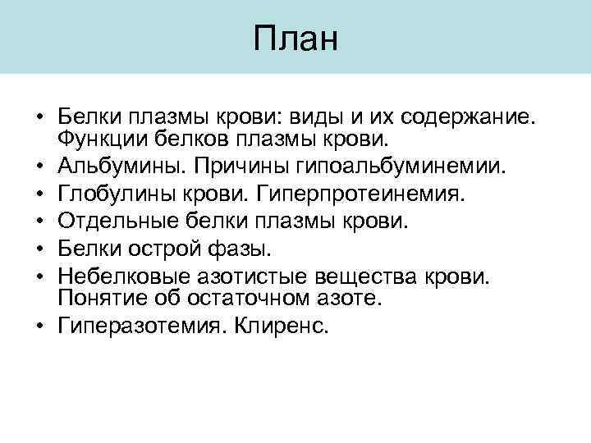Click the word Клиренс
281,327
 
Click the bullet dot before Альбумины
39,167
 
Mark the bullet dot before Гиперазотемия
39,327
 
